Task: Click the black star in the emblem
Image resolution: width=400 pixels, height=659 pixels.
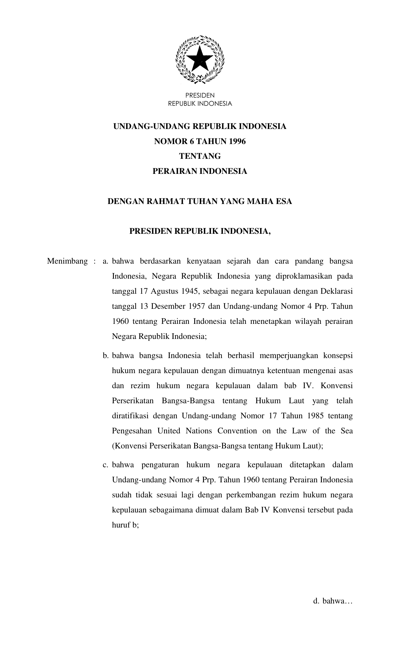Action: tap(200, 59)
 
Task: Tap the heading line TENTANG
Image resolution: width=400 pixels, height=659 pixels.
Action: tap(200, 156)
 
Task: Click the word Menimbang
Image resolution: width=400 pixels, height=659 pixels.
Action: tap(67, 261)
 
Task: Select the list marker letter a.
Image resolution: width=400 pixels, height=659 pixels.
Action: tap(105, 261)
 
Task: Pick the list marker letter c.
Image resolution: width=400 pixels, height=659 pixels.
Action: tap(105, 465)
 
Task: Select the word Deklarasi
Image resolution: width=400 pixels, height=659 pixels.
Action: tap(337, 291)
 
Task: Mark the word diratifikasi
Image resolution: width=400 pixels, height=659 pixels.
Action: tap(130, 416)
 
